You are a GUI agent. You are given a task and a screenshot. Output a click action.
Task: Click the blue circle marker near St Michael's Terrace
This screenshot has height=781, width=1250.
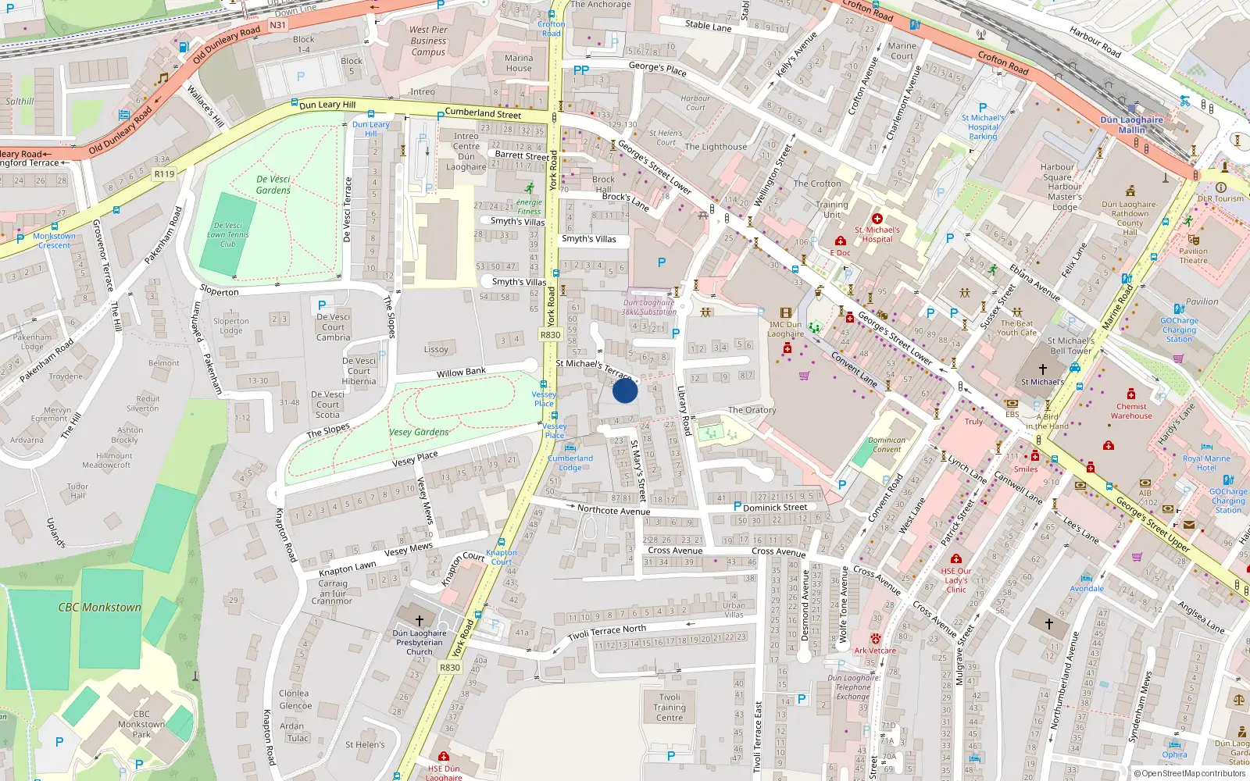point(624,390)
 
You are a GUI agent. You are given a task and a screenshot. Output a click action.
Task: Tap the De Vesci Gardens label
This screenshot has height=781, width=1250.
point(273,185)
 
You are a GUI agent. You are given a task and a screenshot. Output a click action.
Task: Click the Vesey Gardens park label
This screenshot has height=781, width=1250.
point(419,432)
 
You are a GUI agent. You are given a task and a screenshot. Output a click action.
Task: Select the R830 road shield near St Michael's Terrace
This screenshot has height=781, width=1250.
point(550,335)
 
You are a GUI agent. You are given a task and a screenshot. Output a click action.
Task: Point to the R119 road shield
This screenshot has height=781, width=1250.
point(164,174)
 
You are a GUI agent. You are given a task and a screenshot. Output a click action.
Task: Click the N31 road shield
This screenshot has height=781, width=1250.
point(277,25)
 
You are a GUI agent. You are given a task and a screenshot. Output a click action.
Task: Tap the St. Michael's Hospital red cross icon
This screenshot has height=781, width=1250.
point(877,219)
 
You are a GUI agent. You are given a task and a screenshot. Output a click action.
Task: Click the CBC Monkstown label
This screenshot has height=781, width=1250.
point(100,607)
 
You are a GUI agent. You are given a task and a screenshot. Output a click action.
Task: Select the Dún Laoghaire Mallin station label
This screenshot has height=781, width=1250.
point(1131,125)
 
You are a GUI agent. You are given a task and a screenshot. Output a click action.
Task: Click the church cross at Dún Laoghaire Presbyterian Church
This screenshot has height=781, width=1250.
point(420,621)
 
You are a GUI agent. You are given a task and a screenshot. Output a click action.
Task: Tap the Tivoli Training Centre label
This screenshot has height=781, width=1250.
point(670,708)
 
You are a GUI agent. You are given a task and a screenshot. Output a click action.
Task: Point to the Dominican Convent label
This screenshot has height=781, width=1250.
point(887,444)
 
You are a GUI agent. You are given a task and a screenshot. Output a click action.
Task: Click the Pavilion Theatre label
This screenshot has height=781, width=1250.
point(1193,255)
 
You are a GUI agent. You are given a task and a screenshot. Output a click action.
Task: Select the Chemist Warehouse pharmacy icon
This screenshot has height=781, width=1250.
point(1130,394)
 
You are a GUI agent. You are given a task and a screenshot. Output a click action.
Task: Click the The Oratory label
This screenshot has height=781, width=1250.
point(752,410)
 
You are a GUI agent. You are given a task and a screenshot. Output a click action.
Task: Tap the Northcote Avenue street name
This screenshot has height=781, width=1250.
point(613,511)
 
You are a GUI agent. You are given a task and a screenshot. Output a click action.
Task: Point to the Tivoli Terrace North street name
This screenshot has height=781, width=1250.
point(607,632)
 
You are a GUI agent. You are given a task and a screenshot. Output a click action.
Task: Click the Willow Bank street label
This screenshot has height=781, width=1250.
point(461,373)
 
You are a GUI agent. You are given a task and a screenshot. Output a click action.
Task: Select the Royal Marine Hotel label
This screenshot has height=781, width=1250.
point(1205,463)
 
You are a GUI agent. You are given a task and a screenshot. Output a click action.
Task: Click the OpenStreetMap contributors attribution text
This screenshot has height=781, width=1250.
point(1193,774)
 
